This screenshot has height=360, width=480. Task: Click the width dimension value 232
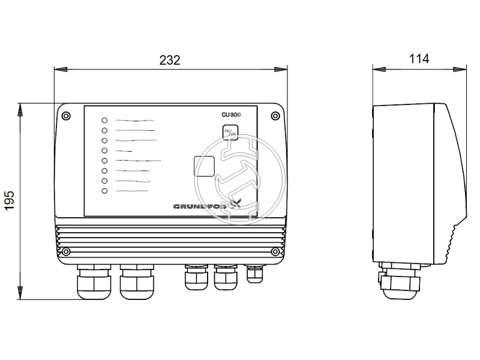tap(170, 60)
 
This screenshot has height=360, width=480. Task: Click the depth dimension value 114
tap(419, 59)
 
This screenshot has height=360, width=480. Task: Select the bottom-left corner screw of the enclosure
tap(66, 251)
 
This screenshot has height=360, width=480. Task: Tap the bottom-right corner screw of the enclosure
tap(275, 251)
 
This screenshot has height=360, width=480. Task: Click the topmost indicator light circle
tap(104, 120)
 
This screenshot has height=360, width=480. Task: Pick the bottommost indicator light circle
tap(104, 191)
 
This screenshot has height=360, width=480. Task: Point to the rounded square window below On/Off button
tap(206, 166)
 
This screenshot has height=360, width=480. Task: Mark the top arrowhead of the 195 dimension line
tap(21, 108)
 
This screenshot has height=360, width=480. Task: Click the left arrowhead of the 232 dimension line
tap(58, 70)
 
